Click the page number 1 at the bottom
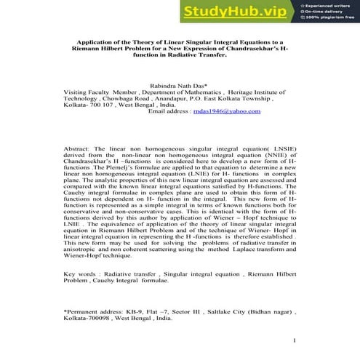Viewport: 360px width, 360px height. pos(293,340)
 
